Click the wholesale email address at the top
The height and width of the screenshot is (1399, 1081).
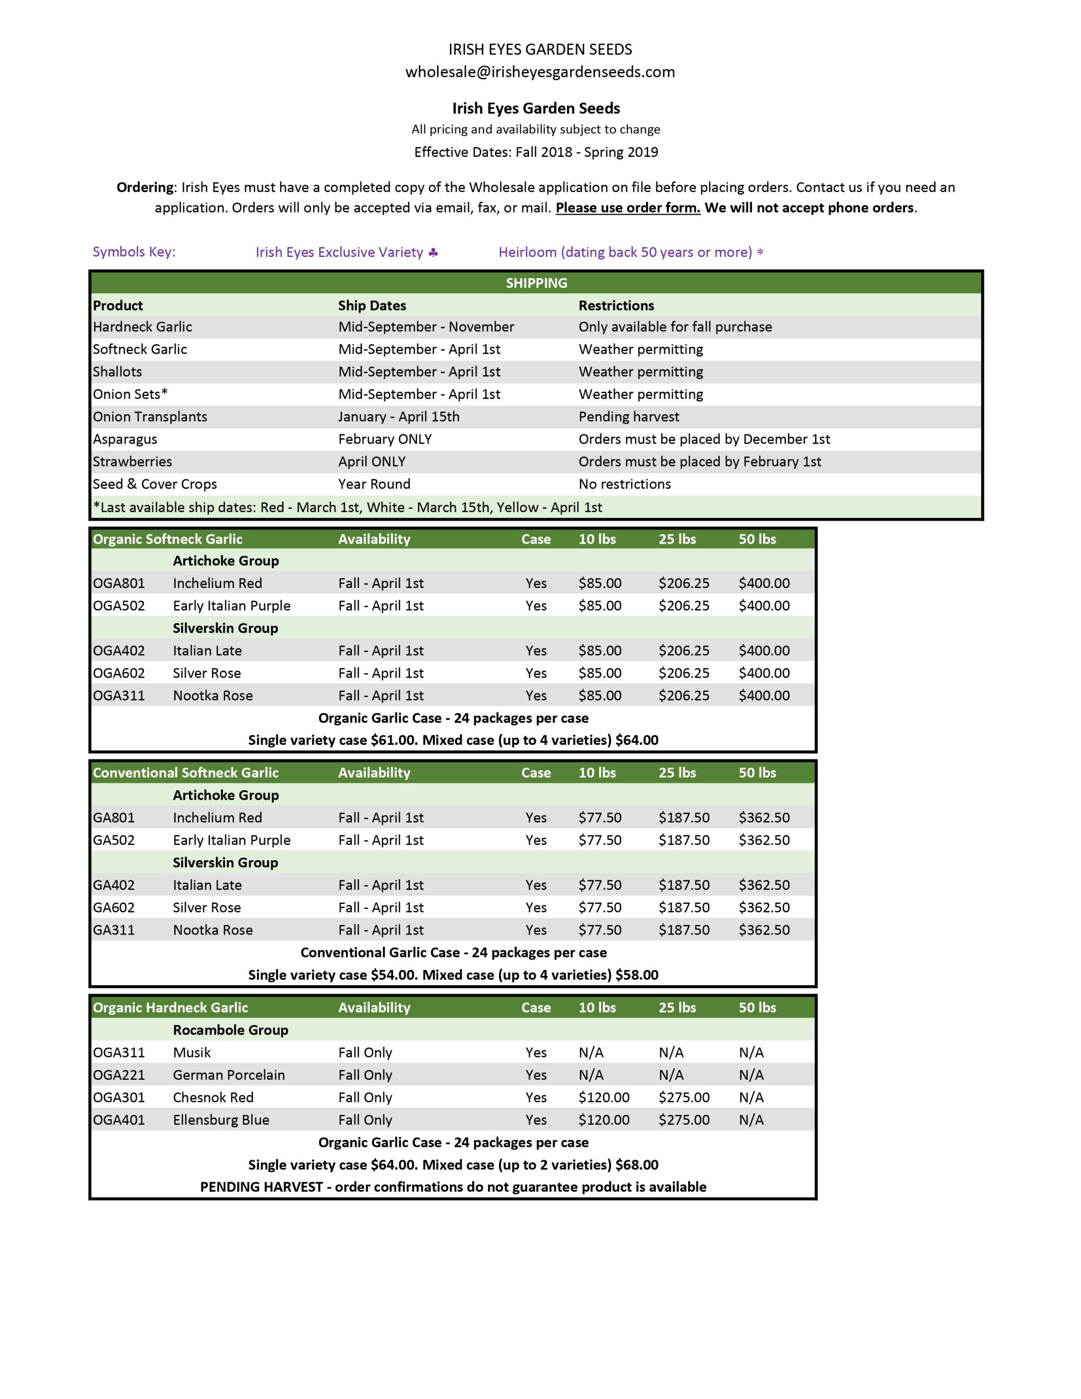539,72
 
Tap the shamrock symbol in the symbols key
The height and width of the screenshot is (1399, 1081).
433,252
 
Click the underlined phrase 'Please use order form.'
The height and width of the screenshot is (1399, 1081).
627,208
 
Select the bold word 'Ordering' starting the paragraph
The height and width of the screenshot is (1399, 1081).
145,187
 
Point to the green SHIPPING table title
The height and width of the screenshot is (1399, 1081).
536,283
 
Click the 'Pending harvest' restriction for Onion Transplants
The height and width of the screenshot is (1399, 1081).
628,416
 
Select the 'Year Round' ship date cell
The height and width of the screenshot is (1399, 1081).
374,484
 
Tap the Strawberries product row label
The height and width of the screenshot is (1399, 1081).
132,461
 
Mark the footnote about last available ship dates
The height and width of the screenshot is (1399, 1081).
347,507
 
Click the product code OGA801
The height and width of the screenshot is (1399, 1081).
119,583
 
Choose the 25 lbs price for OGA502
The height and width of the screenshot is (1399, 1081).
684,606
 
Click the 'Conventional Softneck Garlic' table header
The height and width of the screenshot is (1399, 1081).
185,773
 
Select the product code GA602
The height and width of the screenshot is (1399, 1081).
114,907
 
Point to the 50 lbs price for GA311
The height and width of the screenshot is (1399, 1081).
764,930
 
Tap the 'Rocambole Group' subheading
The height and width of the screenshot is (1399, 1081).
230,1030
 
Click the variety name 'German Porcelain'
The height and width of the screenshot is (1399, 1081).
229,1074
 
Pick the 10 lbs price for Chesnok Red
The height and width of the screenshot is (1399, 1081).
603,1097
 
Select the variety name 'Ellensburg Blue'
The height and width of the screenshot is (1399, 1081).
221,1119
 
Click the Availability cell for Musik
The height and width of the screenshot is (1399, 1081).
365,1052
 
